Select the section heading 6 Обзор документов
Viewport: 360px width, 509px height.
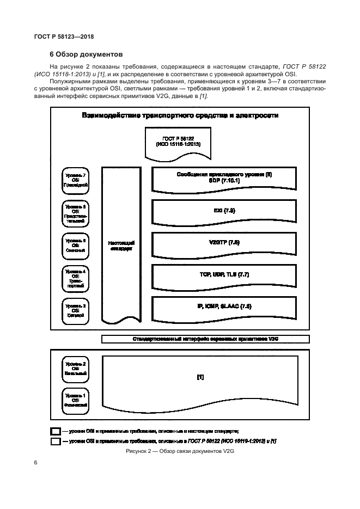(86, 54)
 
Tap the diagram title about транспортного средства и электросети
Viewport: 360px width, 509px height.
(180, 115)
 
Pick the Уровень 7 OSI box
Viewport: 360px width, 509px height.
(75, 180)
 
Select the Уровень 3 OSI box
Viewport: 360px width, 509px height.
(75, 310)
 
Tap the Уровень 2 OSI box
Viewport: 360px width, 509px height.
(75, 368)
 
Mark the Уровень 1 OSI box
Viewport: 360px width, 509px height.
(75, 399)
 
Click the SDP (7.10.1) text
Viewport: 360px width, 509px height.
(224, 180)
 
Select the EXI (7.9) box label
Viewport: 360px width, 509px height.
(224, 210)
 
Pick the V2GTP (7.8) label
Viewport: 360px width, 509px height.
(224, 242)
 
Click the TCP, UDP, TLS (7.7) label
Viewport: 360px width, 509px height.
(224, 275)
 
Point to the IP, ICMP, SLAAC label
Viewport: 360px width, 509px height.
(224, 307)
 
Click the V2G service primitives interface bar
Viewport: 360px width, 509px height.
(205, 339)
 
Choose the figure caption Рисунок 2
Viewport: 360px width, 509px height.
(179, 451)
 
